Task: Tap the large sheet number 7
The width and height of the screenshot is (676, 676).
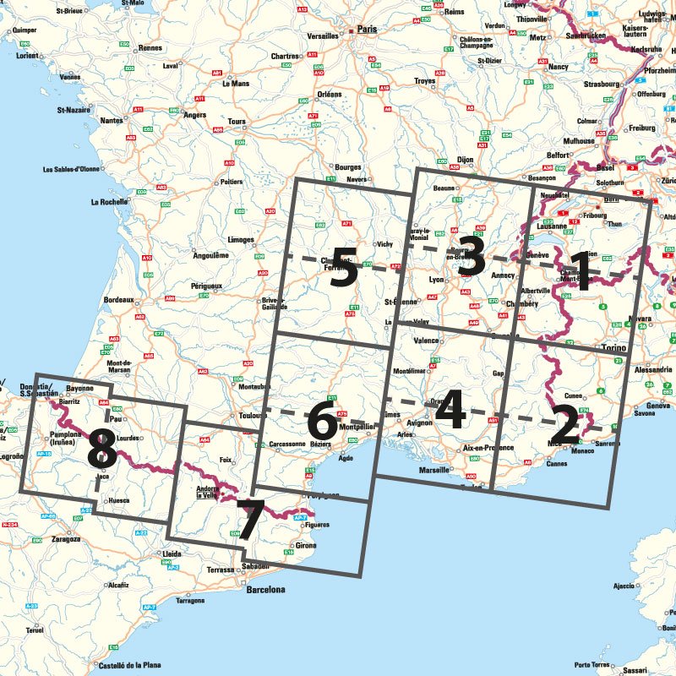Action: point(249,520)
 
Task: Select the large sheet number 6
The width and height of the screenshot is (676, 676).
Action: point(320,420)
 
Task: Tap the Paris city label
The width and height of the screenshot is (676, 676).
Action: point(366,29)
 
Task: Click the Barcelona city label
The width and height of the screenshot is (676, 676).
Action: point(265,590)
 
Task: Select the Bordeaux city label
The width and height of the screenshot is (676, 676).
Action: point(119,300)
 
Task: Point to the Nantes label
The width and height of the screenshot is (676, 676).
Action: point(112,121)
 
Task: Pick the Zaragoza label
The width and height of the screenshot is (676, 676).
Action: point(65,538)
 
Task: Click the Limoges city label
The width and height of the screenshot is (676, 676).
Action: point(240,240)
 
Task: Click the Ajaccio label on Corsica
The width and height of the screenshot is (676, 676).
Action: point(623,585)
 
